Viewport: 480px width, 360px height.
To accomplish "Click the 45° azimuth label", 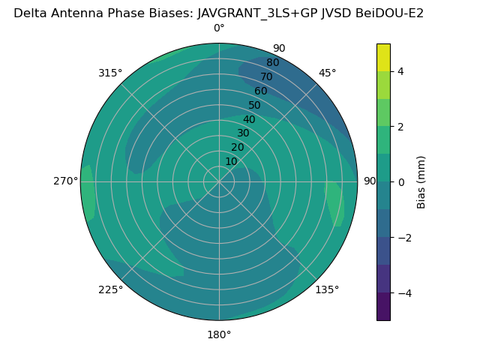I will tap(328, 73).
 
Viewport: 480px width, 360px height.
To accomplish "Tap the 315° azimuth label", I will tap(110, 73).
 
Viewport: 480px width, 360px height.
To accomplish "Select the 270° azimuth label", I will tap(65, 181).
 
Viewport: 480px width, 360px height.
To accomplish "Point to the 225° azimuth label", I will tap(110, 290).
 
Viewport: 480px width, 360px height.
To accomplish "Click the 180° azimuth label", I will tap(219, 334).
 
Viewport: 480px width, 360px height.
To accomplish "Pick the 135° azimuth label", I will tap(328, 290).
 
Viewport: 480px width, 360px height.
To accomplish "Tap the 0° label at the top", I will tap(219, 28).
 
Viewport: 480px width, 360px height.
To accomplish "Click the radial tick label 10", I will tap(231, 161).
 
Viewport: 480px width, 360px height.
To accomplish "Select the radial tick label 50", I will tap(255, 105).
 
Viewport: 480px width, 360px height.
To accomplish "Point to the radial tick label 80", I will tap(273, 62).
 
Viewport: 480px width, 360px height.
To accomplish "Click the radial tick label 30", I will tap(243, 133).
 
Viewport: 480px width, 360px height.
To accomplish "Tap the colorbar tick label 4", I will tap(401, 72).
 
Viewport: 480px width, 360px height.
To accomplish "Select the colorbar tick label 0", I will tap(401, 182).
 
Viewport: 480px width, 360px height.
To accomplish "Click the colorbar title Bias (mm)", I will tap(421, 182).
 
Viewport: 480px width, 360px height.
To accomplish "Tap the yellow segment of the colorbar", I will tap(383, 58).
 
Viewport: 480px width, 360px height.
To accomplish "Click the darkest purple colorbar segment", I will tap(383, 307).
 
